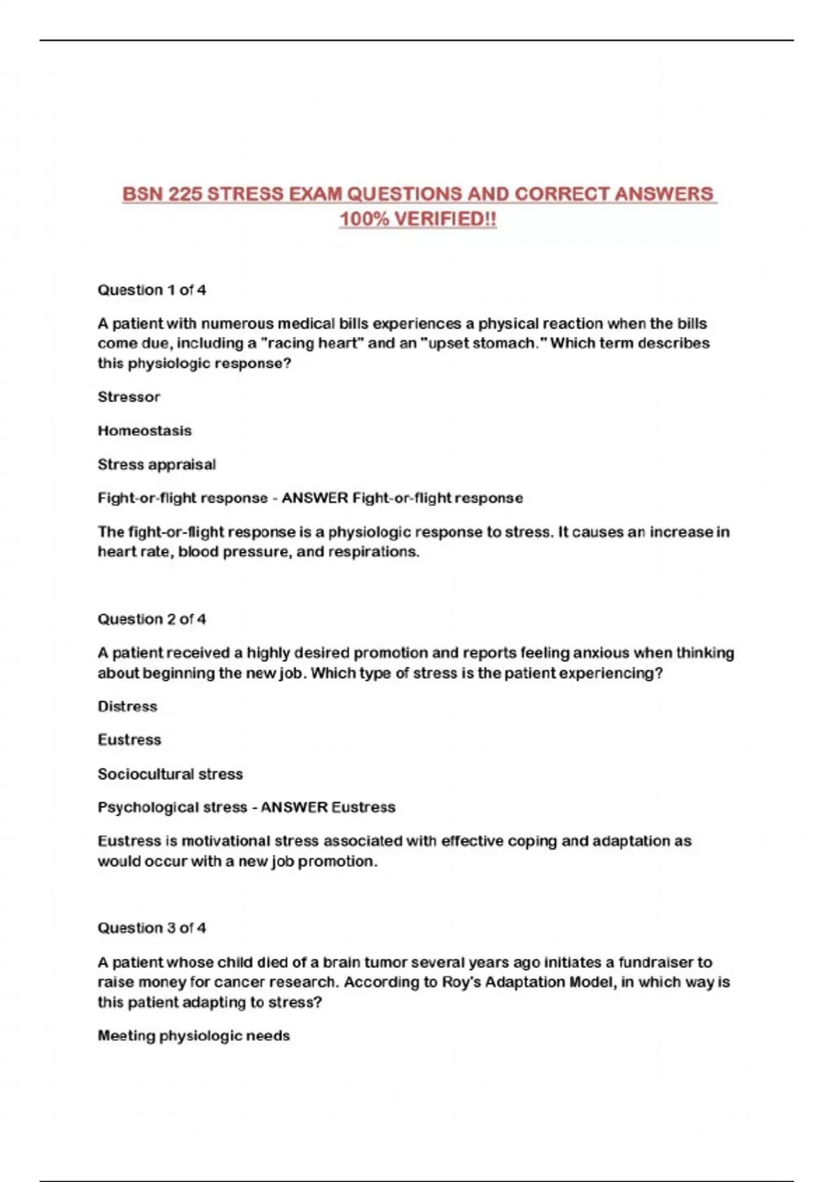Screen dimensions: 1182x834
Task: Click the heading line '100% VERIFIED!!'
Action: [x=418, y=219]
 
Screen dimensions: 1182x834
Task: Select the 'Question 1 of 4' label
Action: [x=152, y=290]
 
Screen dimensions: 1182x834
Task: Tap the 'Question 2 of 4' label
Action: [x=152, y=619]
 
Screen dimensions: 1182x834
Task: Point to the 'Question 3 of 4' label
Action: [x=152, y=928]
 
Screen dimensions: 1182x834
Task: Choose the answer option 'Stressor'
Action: [x=129, y=397]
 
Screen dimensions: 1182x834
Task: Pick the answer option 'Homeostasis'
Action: [x=145, y=430]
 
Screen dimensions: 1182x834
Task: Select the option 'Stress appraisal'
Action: [x=156, y=464]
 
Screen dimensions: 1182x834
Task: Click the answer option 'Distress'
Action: [x=127, y=706]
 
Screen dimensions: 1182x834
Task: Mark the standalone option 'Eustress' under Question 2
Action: [x=129, y=740]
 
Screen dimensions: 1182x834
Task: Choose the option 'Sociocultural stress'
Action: [x=170, y=774]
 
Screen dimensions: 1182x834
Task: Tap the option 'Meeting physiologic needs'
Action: [x=193, y=1036]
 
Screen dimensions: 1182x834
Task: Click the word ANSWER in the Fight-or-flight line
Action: [x=314, y=498]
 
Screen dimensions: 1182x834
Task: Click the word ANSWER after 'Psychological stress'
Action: [x=294, y=807]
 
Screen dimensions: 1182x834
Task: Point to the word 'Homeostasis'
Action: [x=145, y=430]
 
